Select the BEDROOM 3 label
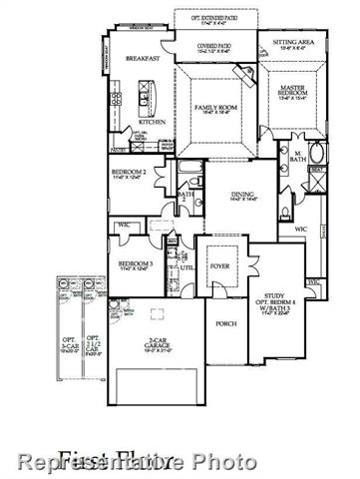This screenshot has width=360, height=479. (135, 264)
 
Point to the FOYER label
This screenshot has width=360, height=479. (219, 266)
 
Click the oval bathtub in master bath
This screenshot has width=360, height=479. (318, 154)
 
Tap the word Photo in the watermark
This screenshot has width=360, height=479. (224, 461)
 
